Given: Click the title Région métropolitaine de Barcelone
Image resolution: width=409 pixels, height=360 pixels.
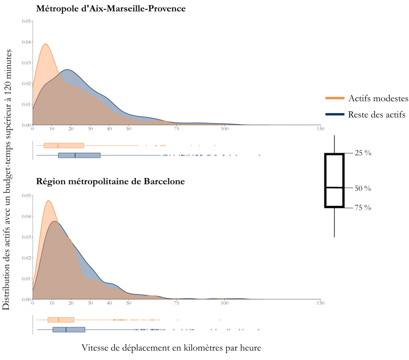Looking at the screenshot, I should pos(111,181).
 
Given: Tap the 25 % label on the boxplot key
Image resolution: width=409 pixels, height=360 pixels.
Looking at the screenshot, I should pos(362,153).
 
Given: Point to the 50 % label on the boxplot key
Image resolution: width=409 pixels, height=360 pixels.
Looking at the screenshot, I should pos(362,189).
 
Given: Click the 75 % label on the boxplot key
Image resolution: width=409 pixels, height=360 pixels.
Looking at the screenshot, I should pos(362,207).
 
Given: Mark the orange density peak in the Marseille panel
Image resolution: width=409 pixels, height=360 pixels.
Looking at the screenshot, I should pos(46,44).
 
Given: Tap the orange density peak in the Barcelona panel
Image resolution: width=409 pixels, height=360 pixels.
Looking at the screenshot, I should pos(49,201).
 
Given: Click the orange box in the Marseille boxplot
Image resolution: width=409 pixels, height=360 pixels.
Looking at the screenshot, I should pos(64,146).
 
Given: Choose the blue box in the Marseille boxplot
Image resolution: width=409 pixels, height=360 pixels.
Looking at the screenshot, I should pos(79,155).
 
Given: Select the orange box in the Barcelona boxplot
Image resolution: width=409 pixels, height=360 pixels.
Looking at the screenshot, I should pos(61,319).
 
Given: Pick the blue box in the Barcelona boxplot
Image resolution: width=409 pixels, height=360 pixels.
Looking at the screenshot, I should pos(69,329).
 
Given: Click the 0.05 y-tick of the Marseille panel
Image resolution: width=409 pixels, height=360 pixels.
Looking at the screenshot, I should pos(27,22).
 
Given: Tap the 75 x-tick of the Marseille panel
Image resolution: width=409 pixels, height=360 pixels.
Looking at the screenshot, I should pos(176,129).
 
